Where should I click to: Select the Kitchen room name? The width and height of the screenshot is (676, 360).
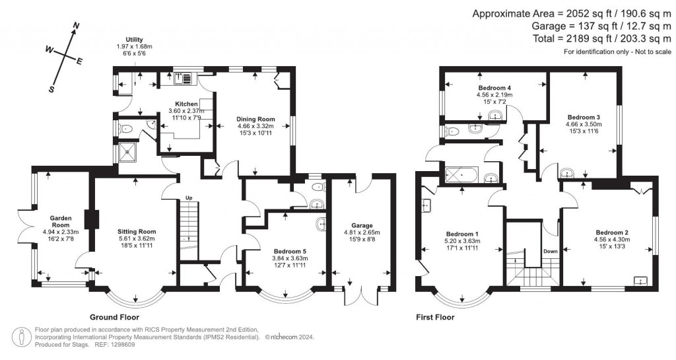[186, 104]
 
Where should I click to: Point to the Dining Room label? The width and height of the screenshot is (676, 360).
[254, 120]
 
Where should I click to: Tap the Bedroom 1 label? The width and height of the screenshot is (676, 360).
[462, 234]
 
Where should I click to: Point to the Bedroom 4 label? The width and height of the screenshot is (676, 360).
[495, 87]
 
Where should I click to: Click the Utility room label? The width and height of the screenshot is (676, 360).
[134, 40]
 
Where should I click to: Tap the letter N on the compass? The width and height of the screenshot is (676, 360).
[76, 26]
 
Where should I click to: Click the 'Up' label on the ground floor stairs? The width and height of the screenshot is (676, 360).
[188, 198]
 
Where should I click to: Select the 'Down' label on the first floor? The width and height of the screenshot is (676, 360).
[551, 252]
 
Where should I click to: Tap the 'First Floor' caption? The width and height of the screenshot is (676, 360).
[435, 316]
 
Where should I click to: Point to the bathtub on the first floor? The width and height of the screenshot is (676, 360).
[461, 176]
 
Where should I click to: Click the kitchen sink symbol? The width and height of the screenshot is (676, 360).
[184, 79]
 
